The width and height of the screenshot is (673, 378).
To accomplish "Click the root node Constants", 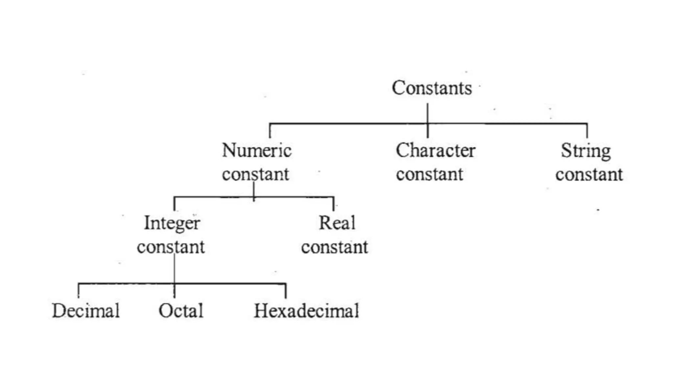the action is coord(432,88).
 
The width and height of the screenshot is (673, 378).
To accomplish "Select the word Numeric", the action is coord(257,151).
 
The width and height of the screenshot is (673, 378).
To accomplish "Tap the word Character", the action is coord(435,151).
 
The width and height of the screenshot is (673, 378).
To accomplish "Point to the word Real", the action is coord(337,223).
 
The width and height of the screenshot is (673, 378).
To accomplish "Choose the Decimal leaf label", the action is coord(86,311).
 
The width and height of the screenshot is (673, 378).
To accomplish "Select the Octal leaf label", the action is coord(181,311).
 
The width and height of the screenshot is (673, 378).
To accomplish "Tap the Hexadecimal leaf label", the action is coord(306,311).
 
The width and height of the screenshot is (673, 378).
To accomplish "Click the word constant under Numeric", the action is coord(255,174).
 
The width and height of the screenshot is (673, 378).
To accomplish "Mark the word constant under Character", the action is coord(429,174).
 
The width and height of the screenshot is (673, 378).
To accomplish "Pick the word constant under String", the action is coord(589,174).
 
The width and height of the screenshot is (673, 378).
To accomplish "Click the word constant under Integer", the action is coord(171,247).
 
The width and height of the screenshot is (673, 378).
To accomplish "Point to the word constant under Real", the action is coord(335,247).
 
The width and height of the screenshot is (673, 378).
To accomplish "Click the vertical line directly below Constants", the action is coord(428,113).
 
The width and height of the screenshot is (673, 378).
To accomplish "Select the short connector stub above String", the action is coord(587,131).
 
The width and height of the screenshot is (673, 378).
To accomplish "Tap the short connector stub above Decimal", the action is coord(79,291).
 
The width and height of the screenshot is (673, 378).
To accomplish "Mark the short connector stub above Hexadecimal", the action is coord(286,291).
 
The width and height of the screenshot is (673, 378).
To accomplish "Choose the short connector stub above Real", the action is coord(334,204).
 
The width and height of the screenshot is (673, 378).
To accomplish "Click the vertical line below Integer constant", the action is coord(174,269).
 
